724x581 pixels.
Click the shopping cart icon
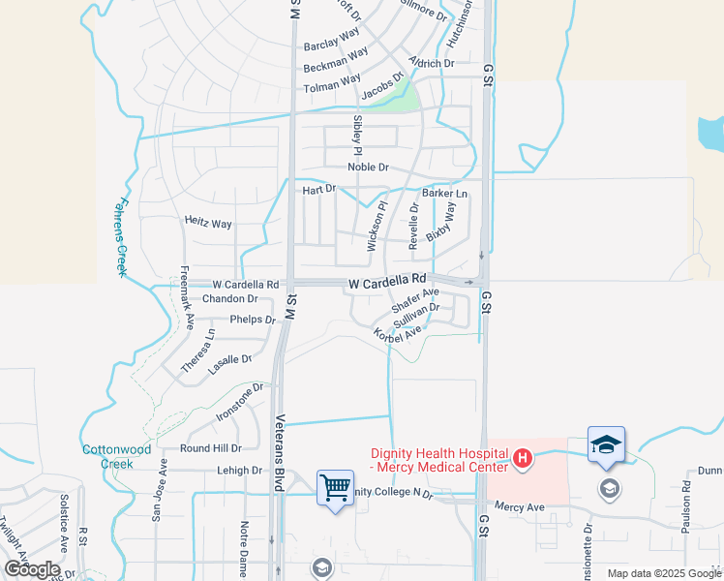[x=335, y=487]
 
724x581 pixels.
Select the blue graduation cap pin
[x=606, y=444]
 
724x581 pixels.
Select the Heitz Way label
[x=208, y=223]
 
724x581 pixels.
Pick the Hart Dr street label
[x=318, y=190]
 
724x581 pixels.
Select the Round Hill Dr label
[x=210, y=448]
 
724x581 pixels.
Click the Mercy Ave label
[x=520, y=506]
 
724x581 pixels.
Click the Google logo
[x=32, y=569]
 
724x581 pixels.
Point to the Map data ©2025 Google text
[x=663, y=573]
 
